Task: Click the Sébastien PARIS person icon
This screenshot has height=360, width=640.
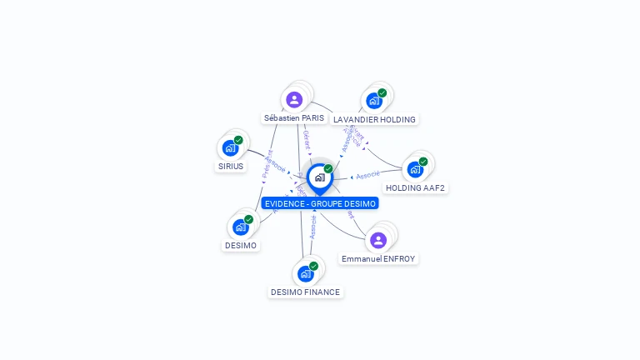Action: (x=294, y=100)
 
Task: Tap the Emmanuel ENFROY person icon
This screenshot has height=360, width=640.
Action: (x=378, y=241)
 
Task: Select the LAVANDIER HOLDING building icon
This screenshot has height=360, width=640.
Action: (x=374, y=101)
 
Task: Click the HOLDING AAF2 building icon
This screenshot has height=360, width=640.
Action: (x=415, y=169)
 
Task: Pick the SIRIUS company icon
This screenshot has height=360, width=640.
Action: (x=231, y=148)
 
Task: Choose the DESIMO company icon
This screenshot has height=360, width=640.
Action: (x=241, y=227)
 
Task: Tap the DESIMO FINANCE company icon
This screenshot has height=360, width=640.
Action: (x=306, y=273)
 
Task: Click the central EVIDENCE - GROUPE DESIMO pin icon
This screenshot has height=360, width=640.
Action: (x=319, y=177)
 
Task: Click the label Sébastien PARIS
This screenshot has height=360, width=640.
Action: (x=294, y=118)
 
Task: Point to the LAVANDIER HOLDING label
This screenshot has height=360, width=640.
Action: (x=374, y=119)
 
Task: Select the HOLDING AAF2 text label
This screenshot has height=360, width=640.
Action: (x=415, y=187)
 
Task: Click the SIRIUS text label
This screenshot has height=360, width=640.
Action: (x=231, y=167)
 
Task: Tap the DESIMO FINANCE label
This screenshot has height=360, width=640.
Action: (x=306, y=292)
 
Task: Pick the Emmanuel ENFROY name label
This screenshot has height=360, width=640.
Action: (x=378, y=259)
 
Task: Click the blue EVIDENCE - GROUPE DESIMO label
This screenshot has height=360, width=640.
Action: (x=319, y=203)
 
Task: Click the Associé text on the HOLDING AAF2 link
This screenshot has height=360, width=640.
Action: (x=367, y=174)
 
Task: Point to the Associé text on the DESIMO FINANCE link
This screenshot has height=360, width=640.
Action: (x=313, y=227)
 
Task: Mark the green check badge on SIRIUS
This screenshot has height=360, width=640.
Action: (x=238, y=140)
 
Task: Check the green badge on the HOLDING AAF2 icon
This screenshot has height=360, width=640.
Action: (x=423, y=162)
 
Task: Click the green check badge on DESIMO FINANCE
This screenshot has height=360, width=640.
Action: (x=313, y=266)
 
